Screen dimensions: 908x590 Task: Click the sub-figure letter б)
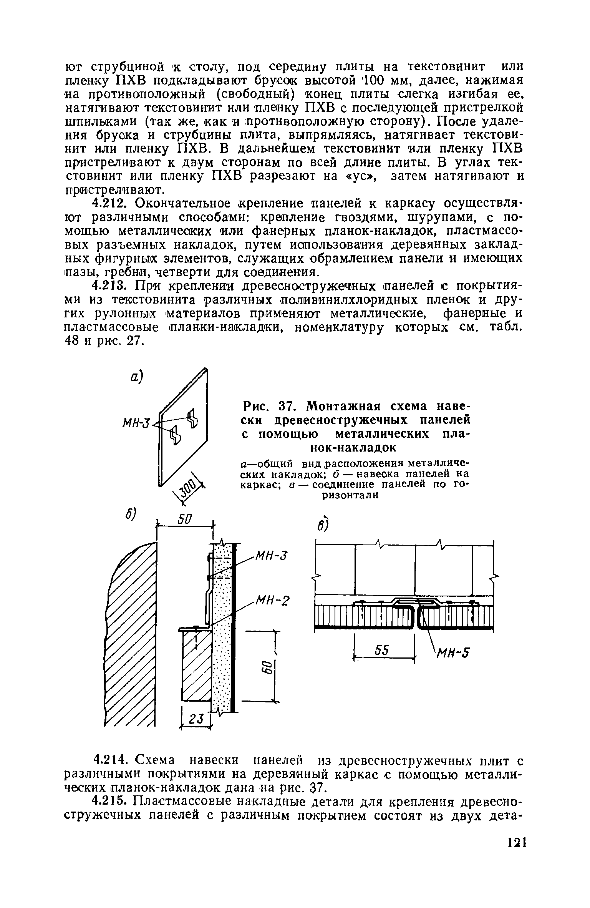pyautogui.click(x=128, y=514)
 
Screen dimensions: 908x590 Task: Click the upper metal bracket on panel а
pyautogui.click(x=192, y=418)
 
